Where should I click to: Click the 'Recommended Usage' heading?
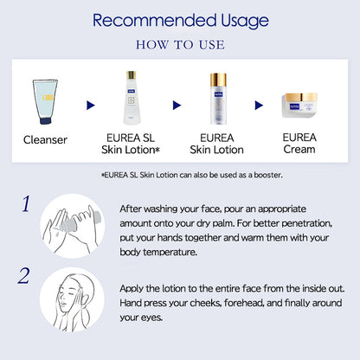[x=181, y=21]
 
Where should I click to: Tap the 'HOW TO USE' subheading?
[x=180, y=45]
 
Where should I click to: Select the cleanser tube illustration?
[x=45, y=101]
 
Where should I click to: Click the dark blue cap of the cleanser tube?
[x=46, y=120]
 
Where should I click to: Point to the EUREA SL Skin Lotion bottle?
[x=132, y=98]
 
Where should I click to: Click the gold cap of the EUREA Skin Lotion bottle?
[x=218, y=80]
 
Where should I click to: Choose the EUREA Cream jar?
[x=299, y=106]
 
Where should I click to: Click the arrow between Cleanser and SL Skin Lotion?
[x=91, y=106]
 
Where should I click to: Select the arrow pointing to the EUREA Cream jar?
[x=259, y=106]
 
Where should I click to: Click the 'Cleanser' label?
[x=45, y=140]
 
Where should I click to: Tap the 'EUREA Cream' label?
[x=299, y=144]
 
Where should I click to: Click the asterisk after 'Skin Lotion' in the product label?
[x=157, y=150]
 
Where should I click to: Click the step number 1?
[x=26, y=204]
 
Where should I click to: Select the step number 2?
[x=23, y=276]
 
